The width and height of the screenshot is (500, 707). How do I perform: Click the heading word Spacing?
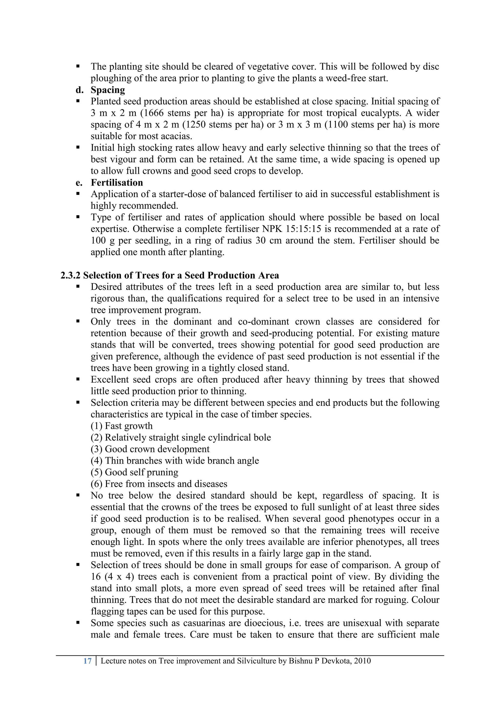pyautogui.click(x=108, y=90)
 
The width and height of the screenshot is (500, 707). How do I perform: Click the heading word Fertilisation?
pyautogui.click(x=117, y=183)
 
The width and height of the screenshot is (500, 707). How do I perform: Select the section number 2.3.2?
pyautogui.click(x=71, y=275)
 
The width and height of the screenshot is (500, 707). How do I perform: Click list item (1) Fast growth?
pyautogui.click(x=122, y=426)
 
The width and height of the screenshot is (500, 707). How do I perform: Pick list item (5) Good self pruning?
pyautogui.click(x=134, y=472)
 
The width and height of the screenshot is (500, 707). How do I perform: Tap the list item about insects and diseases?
pyautogui.click(x=159, y=484)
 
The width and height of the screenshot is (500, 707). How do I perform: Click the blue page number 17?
pyautogui.click(x=87, y=661)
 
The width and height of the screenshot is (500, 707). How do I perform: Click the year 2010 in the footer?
pyautogui.click(x=362, y=661)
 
